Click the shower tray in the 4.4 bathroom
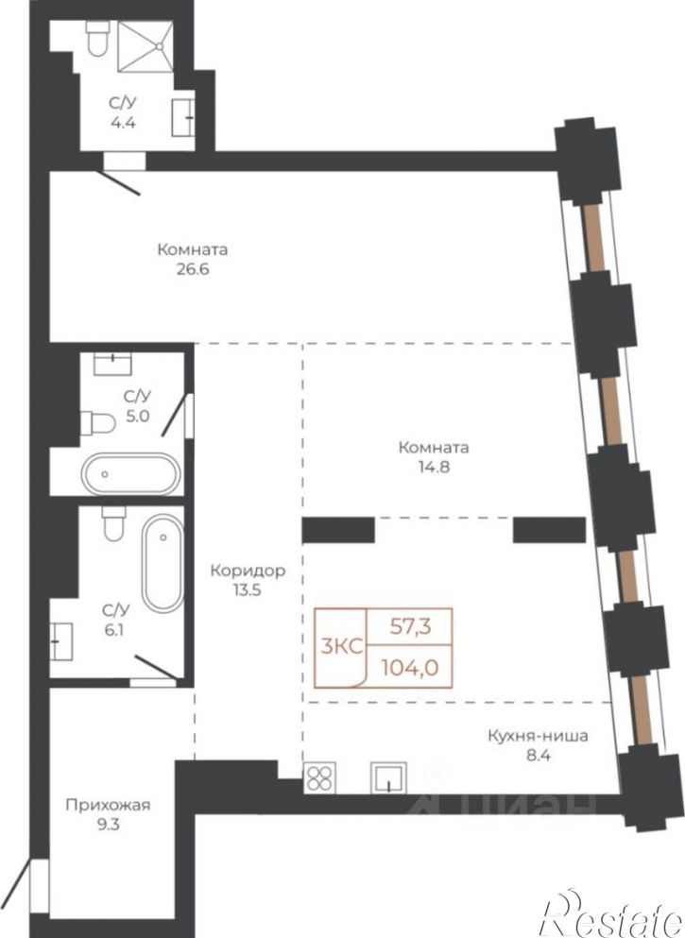pyautogui.click(x=146, y=46)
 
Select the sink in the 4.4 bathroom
pyautogui.click(x=182, y=117)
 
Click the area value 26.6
pyautogui.click(x=193, y=269)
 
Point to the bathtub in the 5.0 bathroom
pyautogui.click(x=130, y=474)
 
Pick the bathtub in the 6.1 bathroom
pyautogui.click(x=163, y=563)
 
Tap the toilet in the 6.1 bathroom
pyautogui.click(x=113, y=522)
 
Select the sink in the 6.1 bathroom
pyautogui.click(x=61, y=641)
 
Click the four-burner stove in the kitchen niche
pyautogui.click(x=320, y=778)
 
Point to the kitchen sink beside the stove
pyautogui.click(x=389, y=777)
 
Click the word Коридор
pyautogui.click(x=248, y=571)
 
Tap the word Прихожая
pyautogui.click(x=108, y=805)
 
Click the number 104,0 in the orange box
pyautogui.click(x=410, y=666)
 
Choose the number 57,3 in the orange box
pyautogui.click(x=411, y=627)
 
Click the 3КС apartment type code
pyautogui.click(x=342, y=647)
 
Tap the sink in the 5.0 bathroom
pyautogui.click(x=113, y=364)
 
